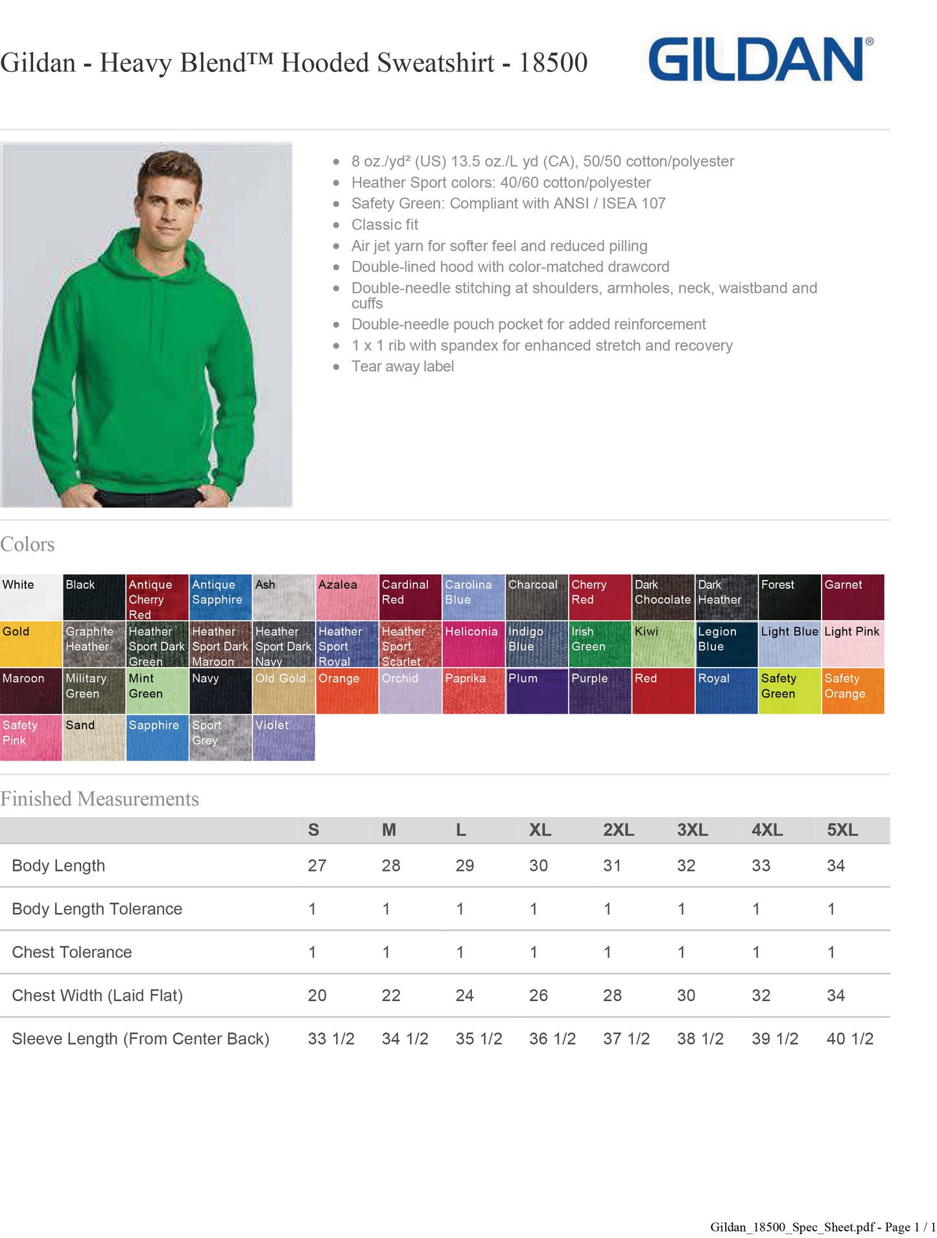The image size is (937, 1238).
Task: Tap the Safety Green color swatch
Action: (789, 691)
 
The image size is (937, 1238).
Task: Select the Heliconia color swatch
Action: (473, 644)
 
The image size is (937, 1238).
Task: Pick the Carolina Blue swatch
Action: (473, 597)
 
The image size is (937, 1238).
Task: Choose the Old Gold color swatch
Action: (283, 691)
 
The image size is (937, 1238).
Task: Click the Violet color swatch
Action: (283, 738)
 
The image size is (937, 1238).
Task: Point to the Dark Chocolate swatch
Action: (663, 597)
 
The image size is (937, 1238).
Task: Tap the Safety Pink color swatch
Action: (30, 738)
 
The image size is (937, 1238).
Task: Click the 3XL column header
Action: (692, 830)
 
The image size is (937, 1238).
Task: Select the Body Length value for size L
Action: (464, 866)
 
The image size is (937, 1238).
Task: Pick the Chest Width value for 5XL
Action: (835, 995)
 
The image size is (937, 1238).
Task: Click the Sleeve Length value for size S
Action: (331, 1039)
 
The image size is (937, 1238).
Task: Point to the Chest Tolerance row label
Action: (72, 952)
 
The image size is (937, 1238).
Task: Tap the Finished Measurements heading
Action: (99, 799)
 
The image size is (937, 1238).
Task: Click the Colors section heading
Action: (27, 544)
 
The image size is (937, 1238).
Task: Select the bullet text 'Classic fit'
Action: (385, 225)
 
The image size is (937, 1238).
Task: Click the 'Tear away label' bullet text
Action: (402, 367)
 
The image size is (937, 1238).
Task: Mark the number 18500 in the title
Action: (552, 63)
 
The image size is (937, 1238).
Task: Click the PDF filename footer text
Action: (822, 1227)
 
